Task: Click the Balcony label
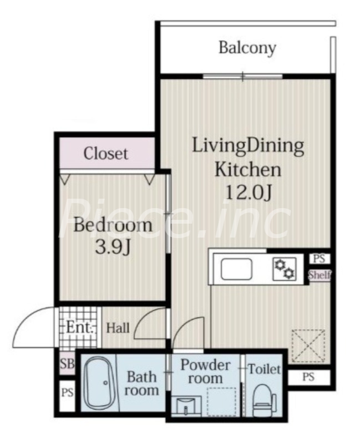(247, 48)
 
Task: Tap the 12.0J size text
(249, 193)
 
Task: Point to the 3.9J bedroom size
(113, 247)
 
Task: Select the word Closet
(106, 154)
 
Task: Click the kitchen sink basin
(236, 269)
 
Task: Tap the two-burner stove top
(285, 269)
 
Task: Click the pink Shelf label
(320, 275)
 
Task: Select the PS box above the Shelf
(320, 259)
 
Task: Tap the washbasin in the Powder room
(186, 406)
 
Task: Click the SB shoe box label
(67, 364)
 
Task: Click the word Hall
(118, 328)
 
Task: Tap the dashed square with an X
(308, 345)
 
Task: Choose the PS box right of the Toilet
(308, 377)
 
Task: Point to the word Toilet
(265, 369)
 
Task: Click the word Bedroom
(113, 225)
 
